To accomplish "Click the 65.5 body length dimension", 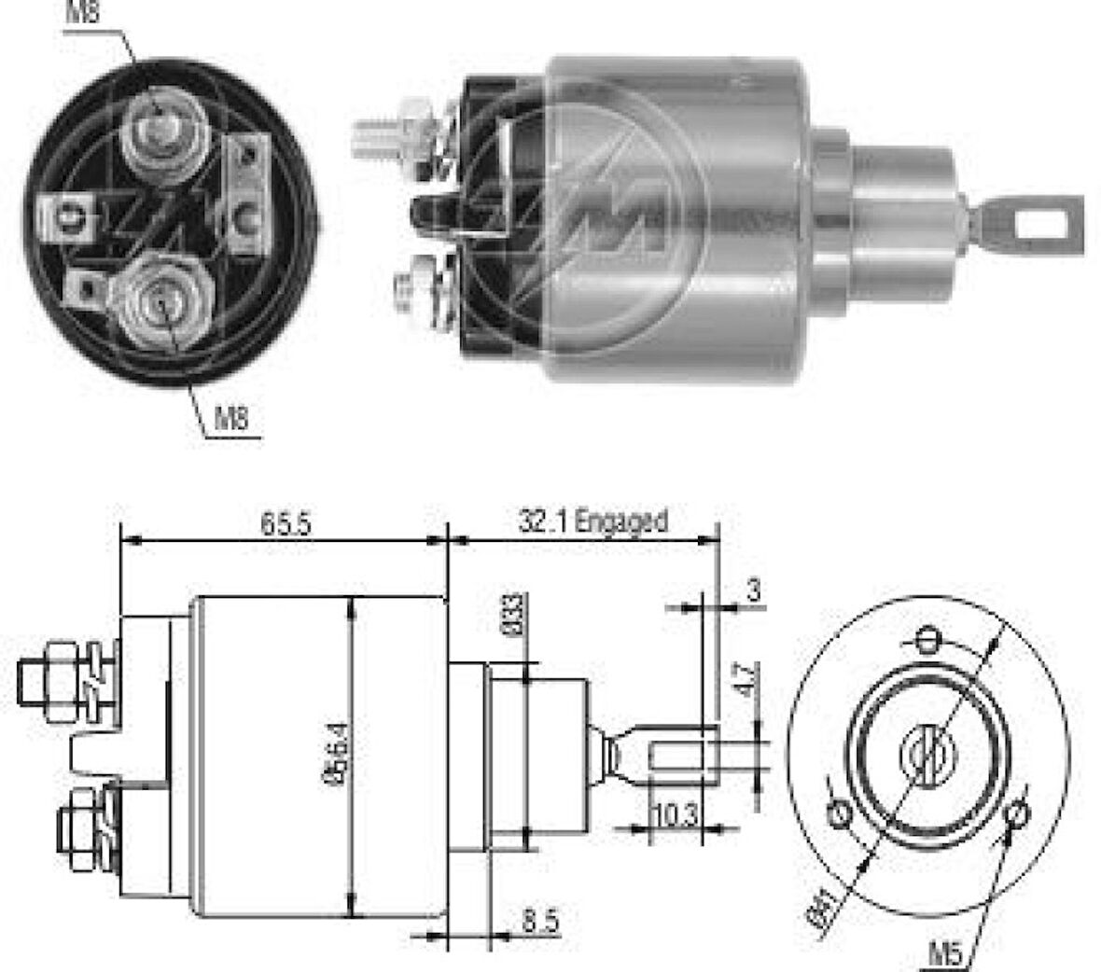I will tap(285, 523).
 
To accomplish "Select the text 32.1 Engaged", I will tap(593, 521).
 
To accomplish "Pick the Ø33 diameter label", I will tap(514, 613).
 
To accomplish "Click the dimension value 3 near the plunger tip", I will tap(754, 590).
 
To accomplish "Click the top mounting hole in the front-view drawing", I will tap(927, 639).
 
